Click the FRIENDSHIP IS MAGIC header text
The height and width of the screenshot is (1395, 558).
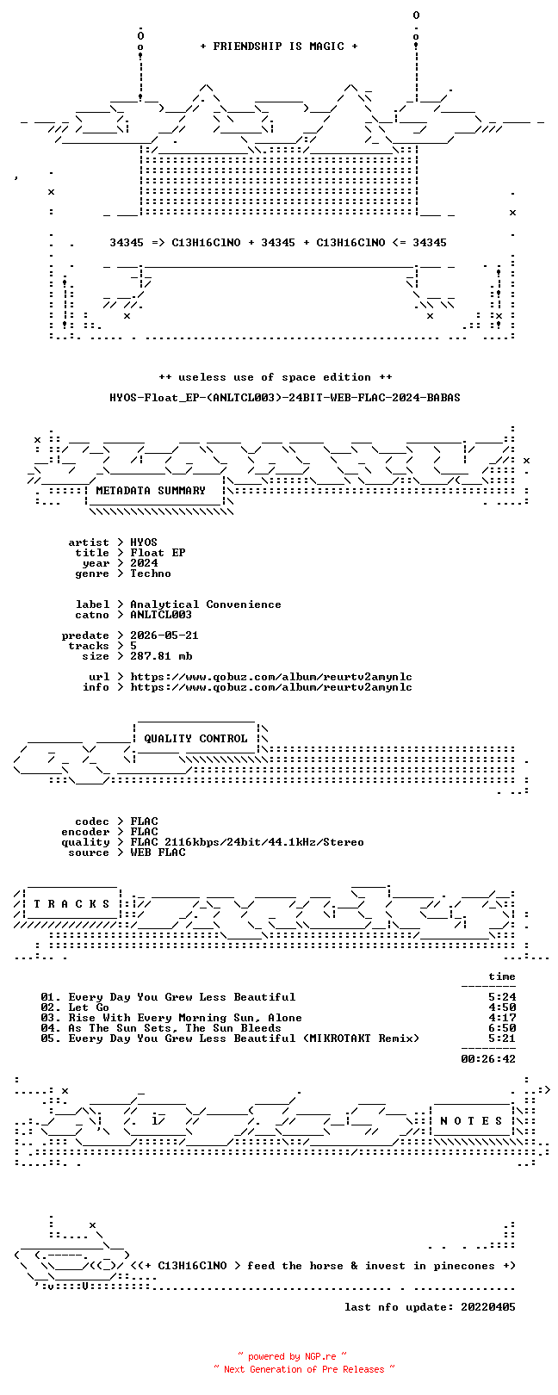278,46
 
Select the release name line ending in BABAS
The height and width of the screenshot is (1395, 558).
285,397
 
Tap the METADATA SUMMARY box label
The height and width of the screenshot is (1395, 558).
150,491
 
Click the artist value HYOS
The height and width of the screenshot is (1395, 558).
143,542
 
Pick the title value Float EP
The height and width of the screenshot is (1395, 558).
158,552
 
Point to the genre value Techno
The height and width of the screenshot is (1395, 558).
150,573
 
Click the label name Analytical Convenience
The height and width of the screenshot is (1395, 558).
206,604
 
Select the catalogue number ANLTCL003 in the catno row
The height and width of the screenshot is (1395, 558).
161,615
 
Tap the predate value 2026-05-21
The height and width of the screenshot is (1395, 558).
164,635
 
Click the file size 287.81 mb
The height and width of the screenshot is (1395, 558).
161,656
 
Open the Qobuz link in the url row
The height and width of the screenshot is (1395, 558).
271,676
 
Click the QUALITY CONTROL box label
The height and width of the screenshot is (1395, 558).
195,739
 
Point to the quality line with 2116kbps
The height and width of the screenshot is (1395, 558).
246,842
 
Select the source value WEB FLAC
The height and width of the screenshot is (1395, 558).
158,852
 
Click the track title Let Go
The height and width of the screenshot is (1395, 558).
89,1008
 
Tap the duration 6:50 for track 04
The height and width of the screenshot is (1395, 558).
502,1028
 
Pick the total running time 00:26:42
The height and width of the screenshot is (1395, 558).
488,1058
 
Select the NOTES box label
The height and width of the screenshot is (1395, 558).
471,1121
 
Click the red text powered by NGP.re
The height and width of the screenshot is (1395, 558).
291,1356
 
